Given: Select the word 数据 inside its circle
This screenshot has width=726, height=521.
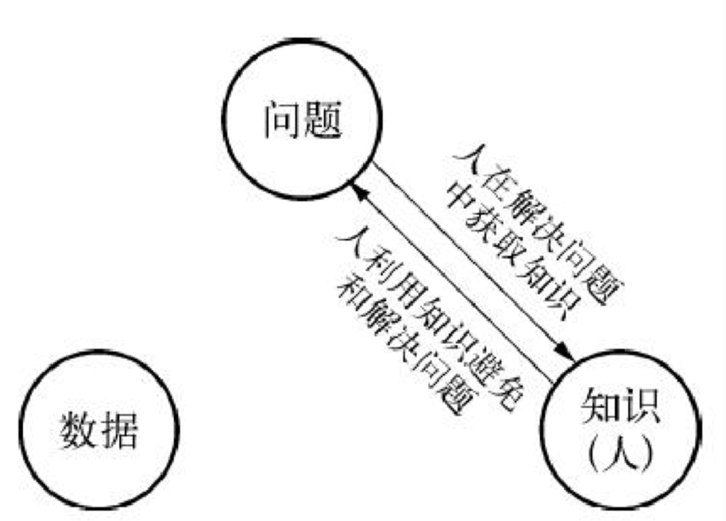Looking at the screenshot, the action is (99, 429).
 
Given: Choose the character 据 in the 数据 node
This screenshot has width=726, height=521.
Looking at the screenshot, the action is (119, 429).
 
